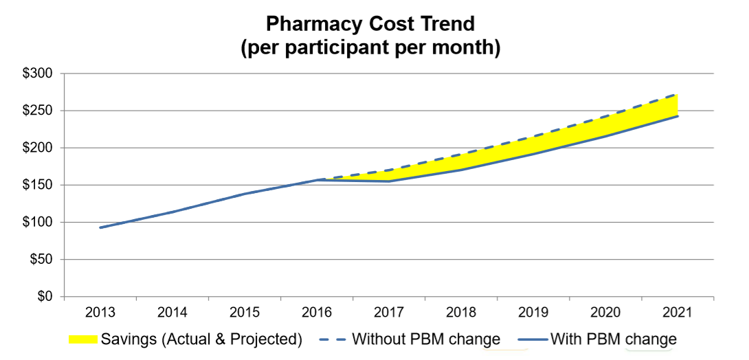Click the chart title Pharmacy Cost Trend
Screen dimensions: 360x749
click(x=370, y=25)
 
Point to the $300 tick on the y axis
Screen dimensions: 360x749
click(x=41, y=74)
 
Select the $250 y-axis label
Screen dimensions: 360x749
click(x=41, y=111)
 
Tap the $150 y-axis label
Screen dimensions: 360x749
click(x=41, y=185)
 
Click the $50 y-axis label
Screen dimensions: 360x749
click(x=45, y=260)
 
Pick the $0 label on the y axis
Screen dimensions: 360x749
click(x=48, y=297)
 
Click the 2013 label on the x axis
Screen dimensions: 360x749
click(x=100, y=313)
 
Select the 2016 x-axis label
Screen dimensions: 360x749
click(x=317, y=313)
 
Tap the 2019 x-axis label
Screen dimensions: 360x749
click(x=533, y=313)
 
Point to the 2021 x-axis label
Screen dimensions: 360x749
click(x=678, y=313)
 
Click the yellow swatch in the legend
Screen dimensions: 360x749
click(x=83, y=339)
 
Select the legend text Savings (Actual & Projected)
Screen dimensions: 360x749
click(x=201, y=339)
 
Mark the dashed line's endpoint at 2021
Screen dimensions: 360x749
click(x=678, y=95)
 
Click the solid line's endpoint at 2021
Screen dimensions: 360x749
click(x=678, y=116)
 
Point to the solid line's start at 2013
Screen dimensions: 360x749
click(x=100, y=227)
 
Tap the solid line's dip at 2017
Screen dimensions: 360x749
click(x=389, y=181)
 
